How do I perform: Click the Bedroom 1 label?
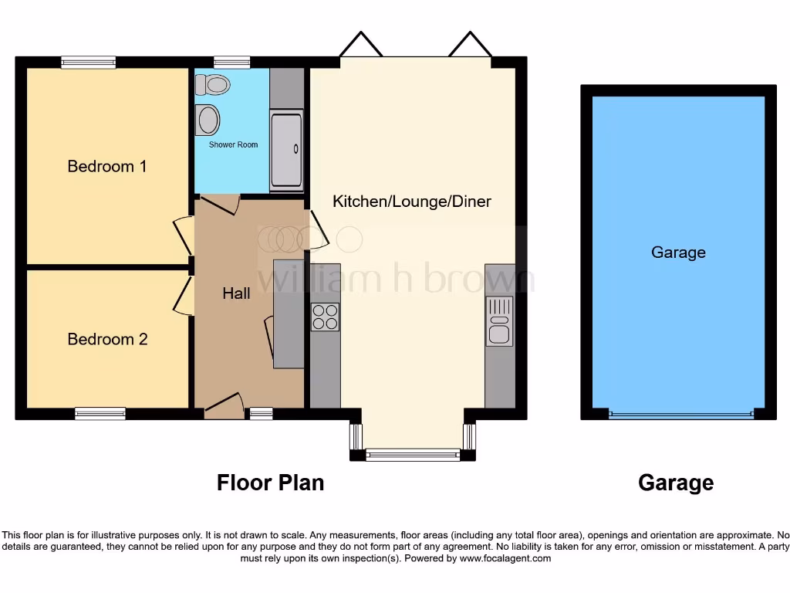coord(107,166)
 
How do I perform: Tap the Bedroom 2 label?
coord(107,339)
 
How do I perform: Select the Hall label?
coord(236,293)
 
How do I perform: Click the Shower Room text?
coord(233,144)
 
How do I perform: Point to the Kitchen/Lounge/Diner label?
coord(411,202)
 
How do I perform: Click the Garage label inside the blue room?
coord(678,252)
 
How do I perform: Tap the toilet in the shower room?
coord(214,83)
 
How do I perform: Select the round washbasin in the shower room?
coord(208,120)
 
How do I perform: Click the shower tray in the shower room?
coord(286,151)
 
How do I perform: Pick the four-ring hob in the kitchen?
coord(325,317)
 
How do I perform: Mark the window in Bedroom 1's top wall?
coord(89,63)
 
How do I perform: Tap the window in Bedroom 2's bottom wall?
coord(100,414)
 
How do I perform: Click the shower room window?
coord(232,63)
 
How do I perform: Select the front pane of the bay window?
coord(412,456)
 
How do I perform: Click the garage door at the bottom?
coord(680,415)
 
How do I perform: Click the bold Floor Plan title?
coord(270,483)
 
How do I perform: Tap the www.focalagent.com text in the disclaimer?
coord(505,558)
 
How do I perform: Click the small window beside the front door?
coord(261,414)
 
